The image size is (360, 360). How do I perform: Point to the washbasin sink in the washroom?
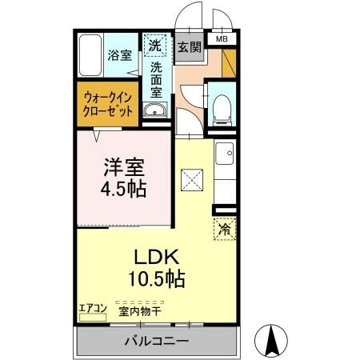(154, 110)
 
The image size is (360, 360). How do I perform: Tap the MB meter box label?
(220, 38)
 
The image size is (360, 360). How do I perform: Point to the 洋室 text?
(125, 170)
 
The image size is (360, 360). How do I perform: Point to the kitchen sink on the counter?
(225, 152)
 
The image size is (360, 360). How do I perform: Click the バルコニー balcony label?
(156, 342)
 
